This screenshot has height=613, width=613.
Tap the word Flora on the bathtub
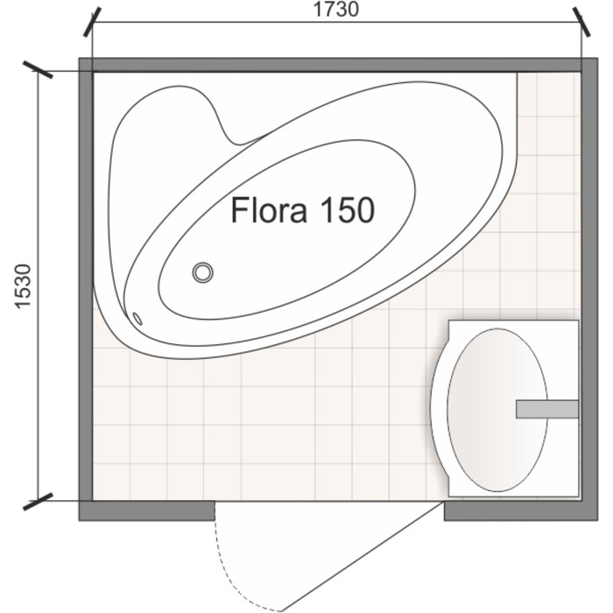(271, 210)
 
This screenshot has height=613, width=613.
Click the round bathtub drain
(203, 272)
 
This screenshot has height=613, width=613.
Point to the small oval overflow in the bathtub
(137, 319)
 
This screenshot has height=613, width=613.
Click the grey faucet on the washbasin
(546, 409)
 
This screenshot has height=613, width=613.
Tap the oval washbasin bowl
(495, 409)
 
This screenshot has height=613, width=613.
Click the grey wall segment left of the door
(146, 511)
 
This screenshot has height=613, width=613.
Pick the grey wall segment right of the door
(513, 511)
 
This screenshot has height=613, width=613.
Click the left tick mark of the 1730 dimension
(92, 22)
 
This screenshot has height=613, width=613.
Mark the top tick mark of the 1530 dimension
(37, 70)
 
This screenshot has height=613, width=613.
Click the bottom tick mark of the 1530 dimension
(37, 502)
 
